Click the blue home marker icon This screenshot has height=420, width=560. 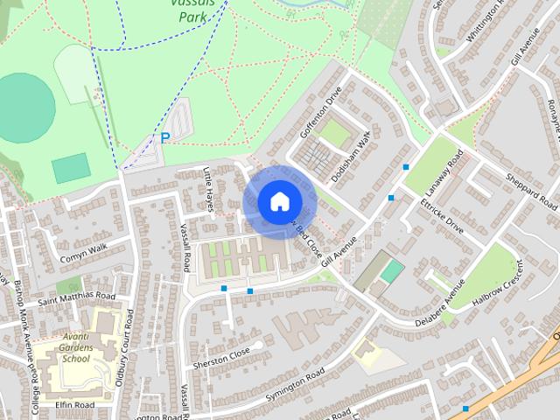point(279,202)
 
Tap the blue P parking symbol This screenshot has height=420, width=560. point(164,138)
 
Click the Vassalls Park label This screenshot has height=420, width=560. point(195,10)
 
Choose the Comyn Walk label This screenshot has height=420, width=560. point(83,254)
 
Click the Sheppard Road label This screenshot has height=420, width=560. point(531,191)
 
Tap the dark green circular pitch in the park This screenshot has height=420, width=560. point(24,108)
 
